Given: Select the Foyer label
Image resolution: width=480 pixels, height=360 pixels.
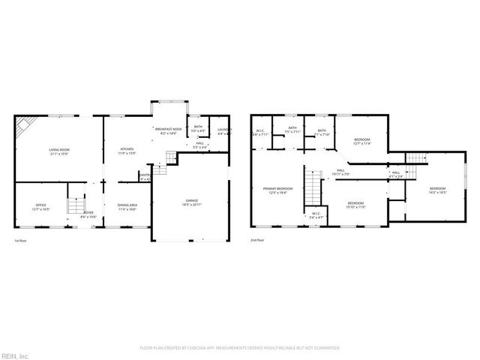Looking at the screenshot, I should pos(88,214).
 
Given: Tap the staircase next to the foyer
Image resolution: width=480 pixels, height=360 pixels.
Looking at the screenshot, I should pos(74,205).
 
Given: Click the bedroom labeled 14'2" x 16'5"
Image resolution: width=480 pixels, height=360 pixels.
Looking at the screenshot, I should pos(437,190).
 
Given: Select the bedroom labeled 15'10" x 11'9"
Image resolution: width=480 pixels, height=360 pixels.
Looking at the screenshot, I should pos(355,205).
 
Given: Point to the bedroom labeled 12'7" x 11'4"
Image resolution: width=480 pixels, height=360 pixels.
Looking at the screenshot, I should pos(362,141).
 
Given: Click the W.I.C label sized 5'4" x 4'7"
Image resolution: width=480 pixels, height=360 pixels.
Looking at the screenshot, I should pos(316,215).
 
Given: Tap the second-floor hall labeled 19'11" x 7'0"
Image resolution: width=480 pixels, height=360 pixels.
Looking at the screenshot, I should pos(340,172).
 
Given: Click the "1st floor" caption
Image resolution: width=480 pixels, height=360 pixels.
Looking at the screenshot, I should pos(21,241).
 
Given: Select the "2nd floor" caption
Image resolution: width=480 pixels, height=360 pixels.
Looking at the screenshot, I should pos(257,241).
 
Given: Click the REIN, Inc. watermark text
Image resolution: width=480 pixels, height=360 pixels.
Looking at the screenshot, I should pos(15,354).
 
